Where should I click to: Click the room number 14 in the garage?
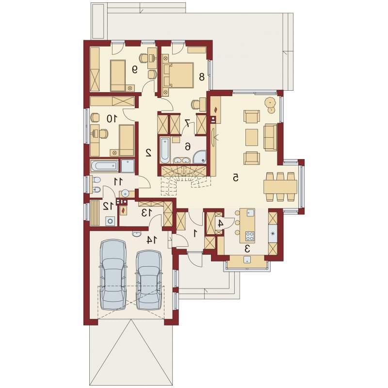pos(151,240)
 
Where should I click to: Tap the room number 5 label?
pos(236,178)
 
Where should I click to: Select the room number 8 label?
pos(202,77)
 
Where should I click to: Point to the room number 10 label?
pos(112,119)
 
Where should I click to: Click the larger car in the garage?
pos(113,275)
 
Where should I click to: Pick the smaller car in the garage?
pos(149,280)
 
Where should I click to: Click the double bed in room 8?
pos(178,75)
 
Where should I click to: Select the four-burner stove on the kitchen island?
pos(250,236)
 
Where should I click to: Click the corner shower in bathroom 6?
pos(199,157)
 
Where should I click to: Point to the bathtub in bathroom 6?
pos(164,151)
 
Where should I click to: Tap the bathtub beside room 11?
pos(104,166)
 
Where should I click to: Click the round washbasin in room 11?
pos(125,193)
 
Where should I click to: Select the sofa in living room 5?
pos(270,137)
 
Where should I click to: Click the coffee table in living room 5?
pos(252,137)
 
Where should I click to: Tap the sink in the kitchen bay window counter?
pos(247,259)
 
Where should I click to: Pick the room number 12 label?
pos(109,205)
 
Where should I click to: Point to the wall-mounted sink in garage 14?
pos(136,234)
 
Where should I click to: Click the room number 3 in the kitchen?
pos(247,249)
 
